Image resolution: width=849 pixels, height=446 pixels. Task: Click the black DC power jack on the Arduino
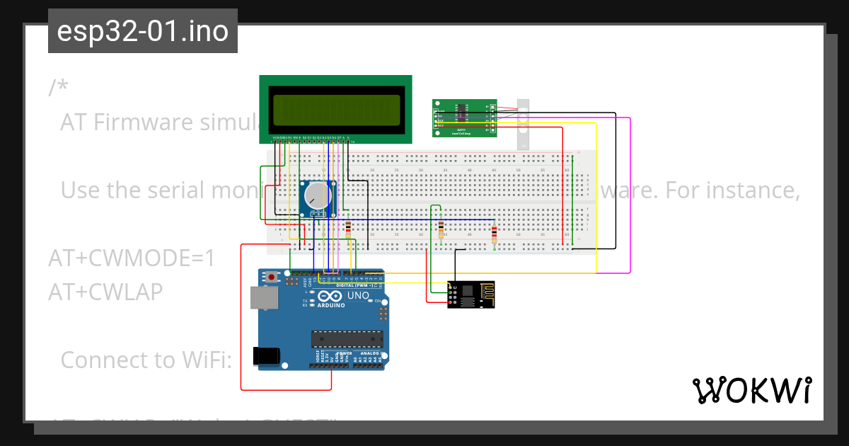tap(267, 355)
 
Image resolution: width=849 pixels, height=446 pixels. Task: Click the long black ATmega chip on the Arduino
tap(347, 339)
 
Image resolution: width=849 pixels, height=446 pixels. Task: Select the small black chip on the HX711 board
tap(461, 110)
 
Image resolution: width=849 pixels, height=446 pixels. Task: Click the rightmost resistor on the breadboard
tap(494, 233)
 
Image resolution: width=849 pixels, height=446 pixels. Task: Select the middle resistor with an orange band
tap(441, 228)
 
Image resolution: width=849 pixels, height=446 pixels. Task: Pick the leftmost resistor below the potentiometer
tap(348, 228)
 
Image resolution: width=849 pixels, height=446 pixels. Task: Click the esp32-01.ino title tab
tap(142, 31)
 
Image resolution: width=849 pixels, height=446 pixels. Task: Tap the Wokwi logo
tap(751, 390)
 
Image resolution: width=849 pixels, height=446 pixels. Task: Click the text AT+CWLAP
tap(105, 292)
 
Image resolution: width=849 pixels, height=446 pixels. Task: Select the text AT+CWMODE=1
tap(132, 258)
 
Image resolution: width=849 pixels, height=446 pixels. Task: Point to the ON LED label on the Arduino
tap(378, 301)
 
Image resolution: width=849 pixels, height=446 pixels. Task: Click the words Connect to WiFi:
tap(146, 360)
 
